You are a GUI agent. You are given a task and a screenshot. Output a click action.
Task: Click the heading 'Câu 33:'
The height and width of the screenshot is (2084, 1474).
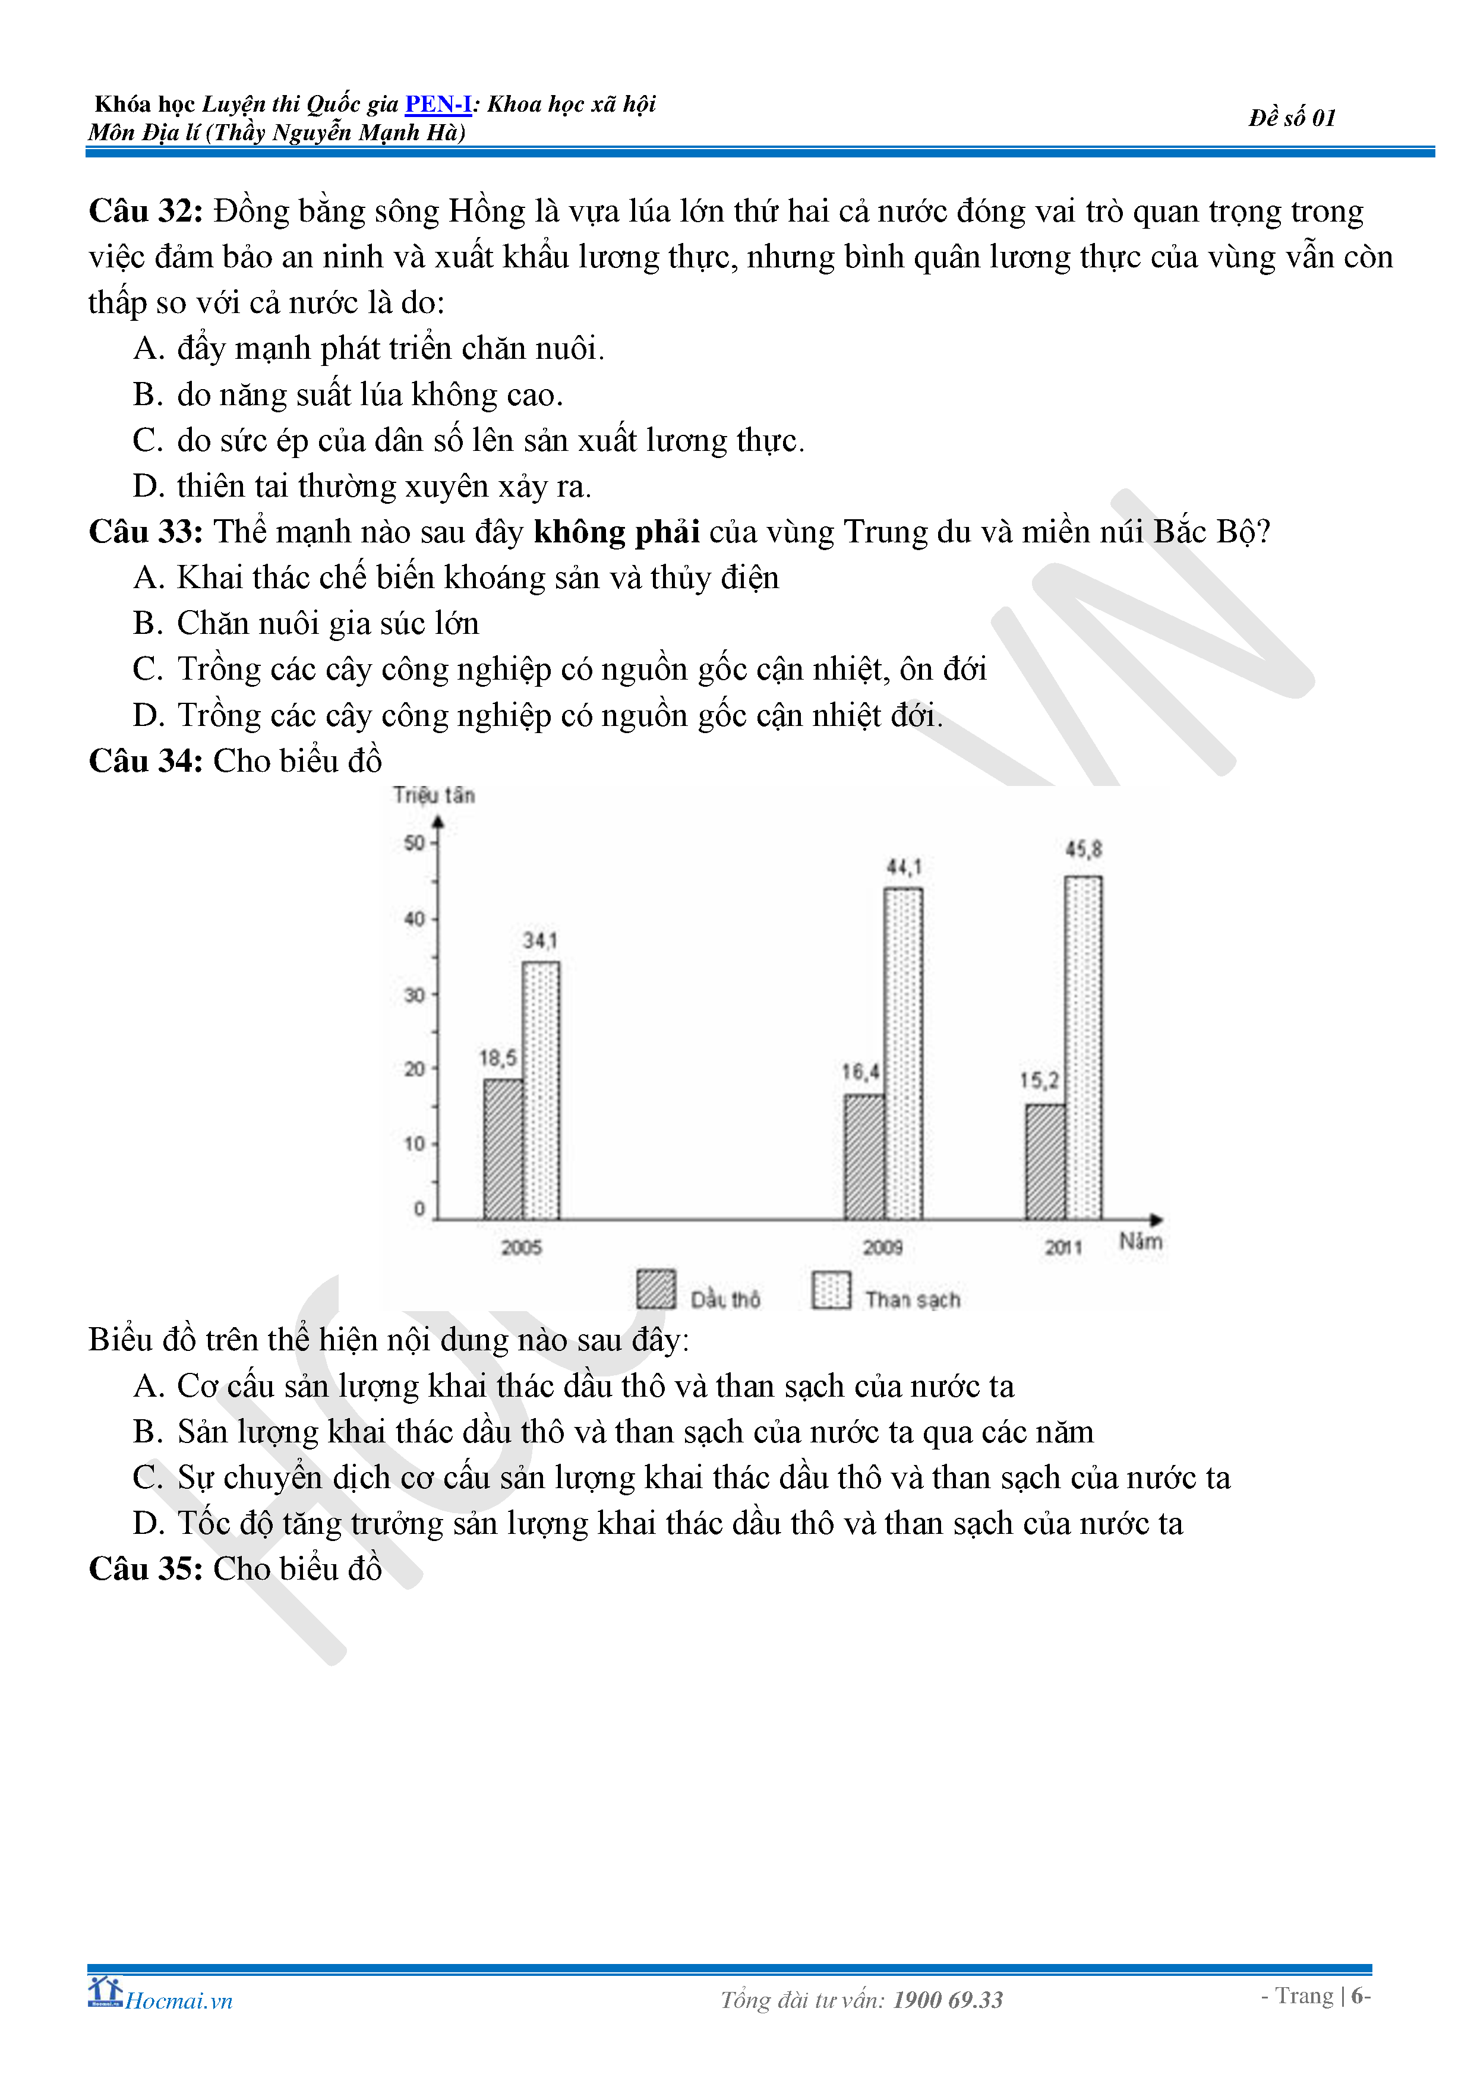145,532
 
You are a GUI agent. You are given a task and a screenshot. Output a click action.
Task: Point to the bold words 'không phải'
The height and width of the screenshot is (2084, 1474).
616,532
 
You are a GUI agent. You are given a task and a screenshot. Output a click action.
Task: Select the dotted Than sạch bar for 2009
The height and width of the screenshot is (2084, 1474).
903,1053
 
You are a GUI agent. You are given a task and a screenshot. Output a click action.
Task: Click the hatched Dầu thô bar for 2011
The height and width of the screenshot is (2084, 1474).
1044,1162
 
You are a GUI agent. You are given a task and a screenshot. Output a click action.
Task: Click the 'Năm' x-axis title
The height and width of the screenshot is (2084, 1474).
1140,1242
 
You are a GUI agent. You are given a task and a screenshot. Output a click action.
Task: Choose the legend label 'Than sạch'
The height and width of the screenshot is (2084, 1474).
912,1300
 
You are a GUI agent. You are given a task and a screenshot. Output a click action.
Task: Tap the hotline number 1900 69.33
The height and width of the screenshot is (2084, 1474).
948,2000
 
